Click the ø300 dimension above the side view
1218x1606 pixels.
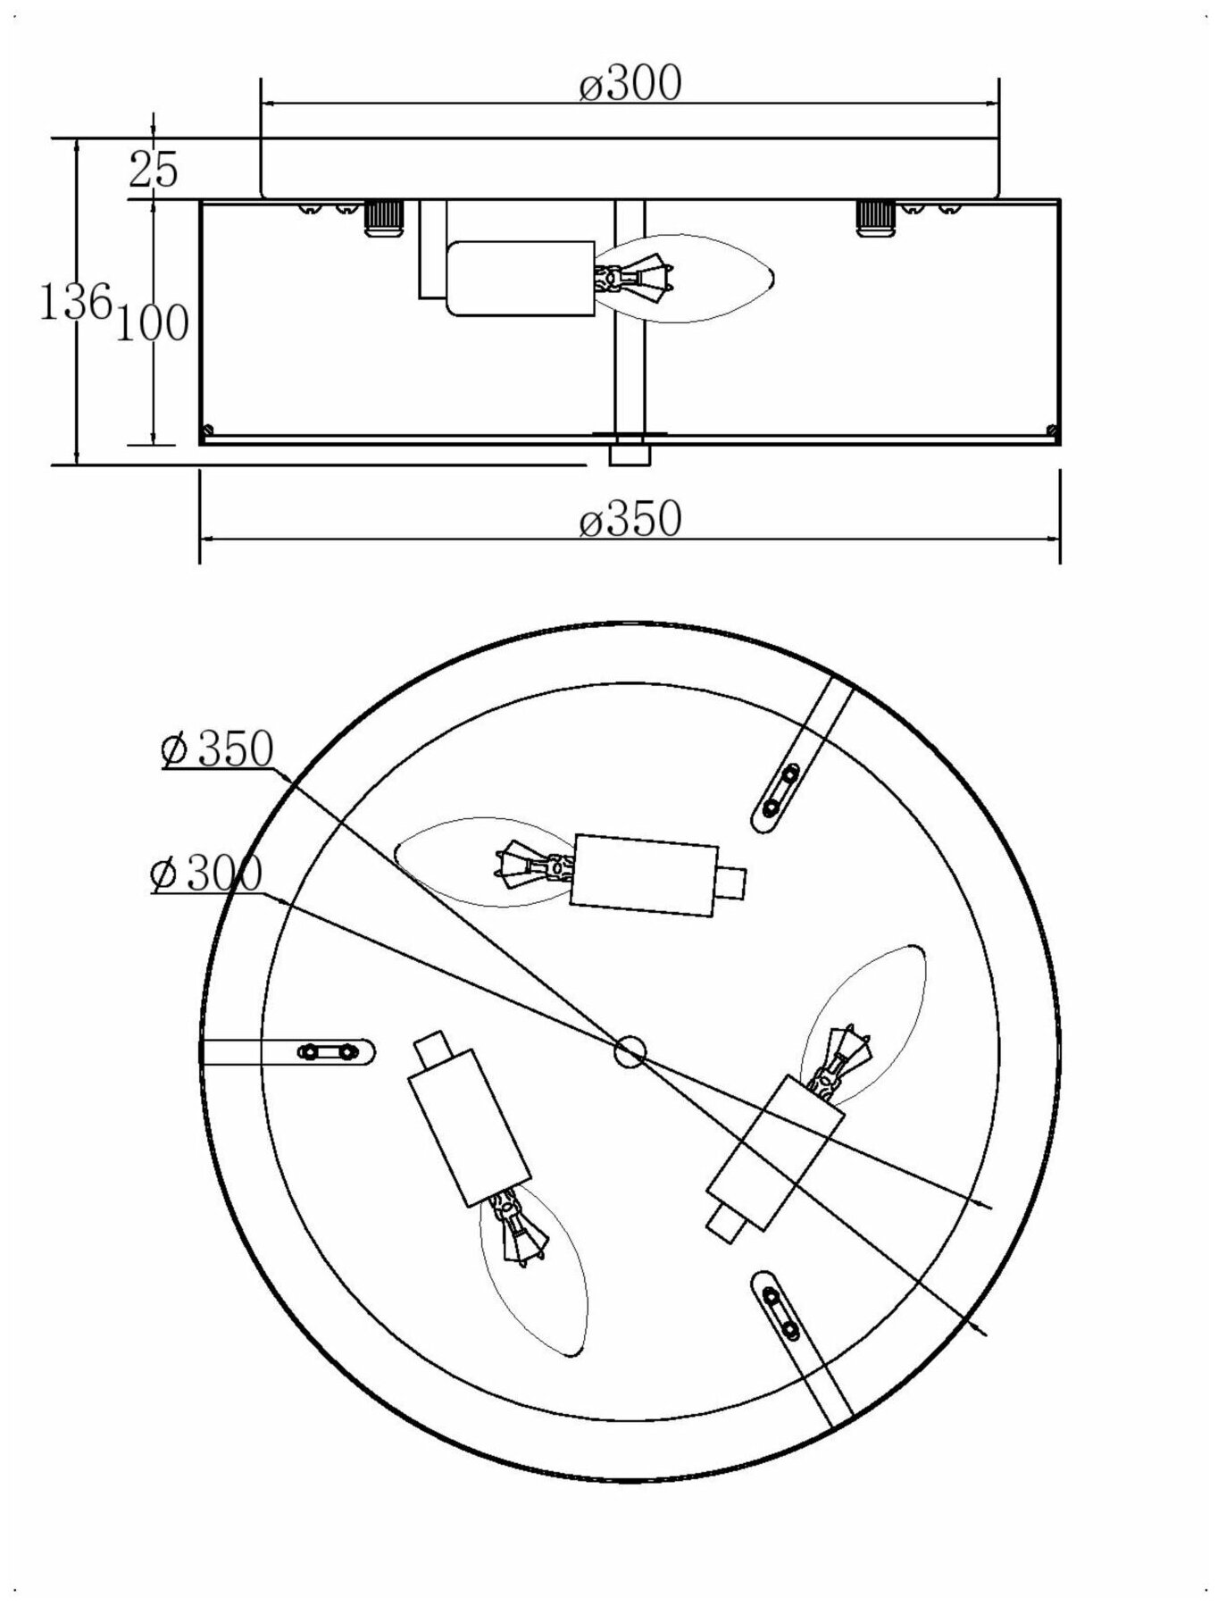tap(630, 84)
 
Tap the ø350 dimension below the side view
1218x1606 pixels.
tap(630, 518)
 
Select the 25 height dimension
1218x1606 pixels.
tap(154, 169)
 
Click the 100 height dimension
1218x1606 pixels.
tap(152, 323)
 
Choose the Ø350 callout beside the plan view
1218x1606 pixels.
tap(217, 749)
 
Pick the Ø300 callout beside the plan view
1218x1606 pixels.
tap(207, 873)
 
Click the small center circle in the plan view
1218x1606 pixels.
tap(630, 1051)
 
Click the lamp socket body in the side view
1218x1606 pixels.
tap(520, 278)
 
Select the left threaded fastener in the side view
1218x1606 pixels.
tap(382, 217)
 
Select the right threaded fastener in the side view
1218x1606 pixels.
tap(875, 217)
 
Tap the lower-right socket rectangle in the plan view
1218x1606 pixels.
tap(774, 1152)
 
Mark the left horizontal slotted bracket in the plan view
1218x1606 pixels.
tap(326, 1052)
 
